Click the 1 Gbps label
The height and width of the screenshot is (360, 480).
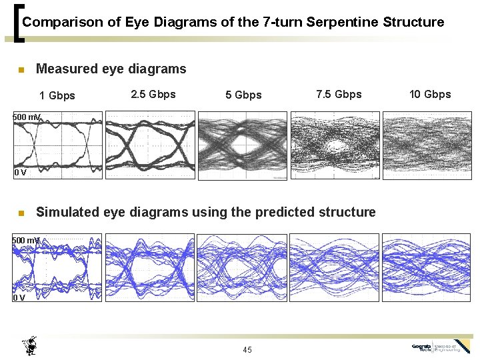pyautogui.click(x=57, y=95)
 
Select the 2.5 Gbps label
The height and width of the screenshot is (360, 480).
pyautogui.click(x=153, y=94)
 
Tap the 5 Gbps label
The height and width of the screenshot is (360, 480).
pyautogui.click(x=243, y=95)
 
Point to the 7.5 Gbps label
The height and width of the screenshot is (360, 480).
pyautogui.click(x=339, y=94)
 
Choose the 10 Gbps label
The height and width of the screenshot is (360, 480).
pyautogui.click(x=430, y=94)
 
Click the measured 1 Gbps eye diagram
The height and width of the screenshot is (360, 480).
pyautogui.click(x=58, y=145)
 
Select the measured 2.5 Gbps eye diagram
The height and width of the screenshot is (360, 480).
pyautogui.click(x=151, y=145)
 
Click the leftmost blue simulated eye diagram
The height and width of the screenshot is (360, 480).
pyautogui.click(x=58, y=267)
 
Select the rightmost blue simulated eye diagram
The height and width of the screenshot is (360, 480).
pyautogui.click(x=427, y=267)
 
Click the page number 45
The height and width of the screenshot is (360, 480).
pyautogui.click(x=247, y=350)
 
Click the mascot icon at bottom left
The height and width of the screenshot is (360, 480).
pyautogui.click(x=30, y=346)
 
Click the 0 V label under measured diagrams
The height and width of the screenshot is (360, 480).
pyautogui.click(x=21, y=173)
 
